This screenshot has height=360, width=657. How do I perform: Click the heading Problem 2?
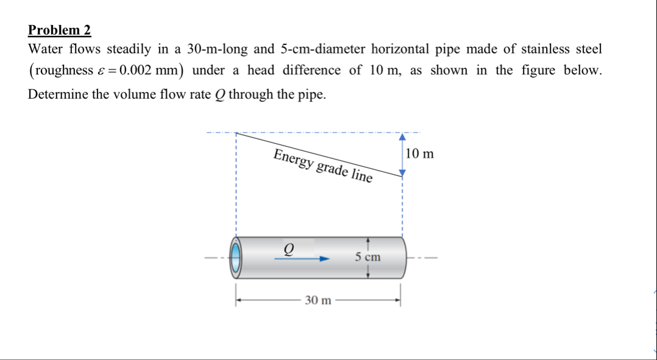(x=59, y=30)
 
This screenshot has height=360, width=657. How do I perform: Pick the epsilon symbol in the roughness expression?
(x=101, y=71)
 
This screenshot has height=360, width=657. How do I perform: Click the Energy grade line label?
(x=322, y=165)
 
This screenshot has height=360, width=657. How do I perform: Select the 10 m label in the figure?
(x=420, y=154)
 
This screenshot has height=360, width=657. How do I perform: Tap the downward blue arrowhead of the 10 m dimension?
(x=402, y=173)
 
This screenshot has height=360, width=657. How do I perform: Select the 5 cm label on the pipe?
(x=368, y=257)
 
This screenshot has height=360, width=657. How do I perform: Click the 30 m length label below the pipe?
(x=318, y=300)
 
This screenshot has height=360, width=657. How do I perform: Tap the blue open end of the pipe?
(x=236, y=258)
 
